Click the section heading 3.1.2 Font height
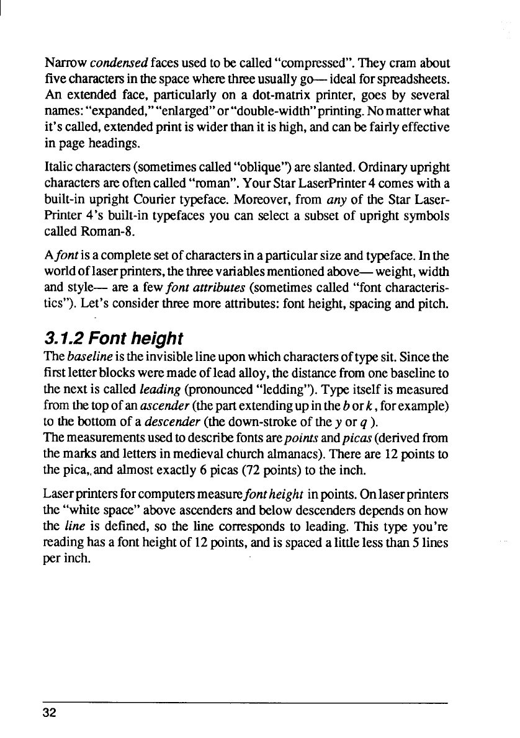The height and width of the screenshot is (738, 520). coord(114,339)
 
